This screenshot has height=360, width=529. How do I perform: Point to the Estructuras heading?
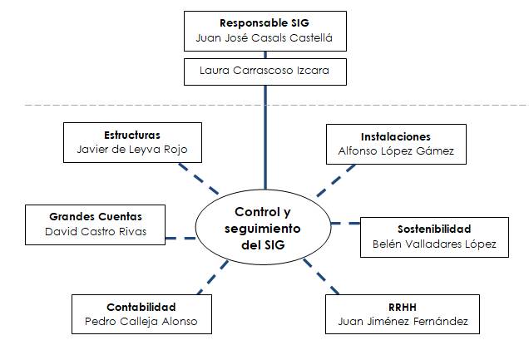click(132, 135)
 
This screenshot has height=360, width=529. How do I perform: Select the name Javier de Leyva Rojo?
click(132, 150)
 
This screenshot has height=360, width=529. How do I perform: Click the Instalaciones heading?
click(396, 136)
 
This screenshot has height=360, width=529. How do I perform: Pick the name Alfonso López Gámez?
click(396, 151)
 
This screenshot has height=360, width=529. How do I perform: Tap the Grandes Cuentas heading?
click(96, 216)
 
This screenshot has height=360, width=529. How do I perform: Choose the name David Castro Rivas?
click(96, 231)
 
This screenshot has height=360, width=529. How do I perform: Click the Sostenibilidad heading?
click(433, 229)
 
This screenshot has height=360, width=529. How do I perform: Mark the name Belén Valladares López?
click(433, 244)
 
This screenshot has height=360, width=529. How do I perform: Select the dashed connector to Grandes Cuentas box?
click(180, 239)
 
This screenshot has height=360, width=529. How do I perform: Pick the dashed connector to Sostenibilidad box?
click(345, 224)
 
